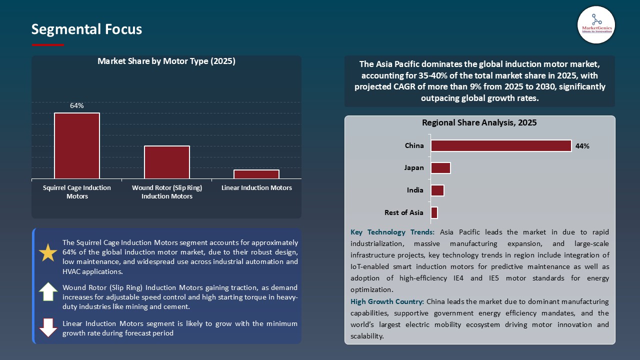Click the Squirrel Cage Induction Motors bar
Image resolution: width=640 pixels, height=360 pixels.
point(77,145)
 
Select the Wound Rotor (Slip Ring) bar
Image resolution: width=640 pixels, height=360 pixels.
point(167,162)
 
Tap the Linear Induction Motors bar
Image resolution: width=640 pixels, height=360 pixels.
point(256,174)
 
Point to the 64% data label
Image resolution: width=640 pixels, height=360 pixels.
point(77,105)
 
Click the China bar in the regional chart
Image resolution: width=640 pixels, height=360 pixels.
point(501,145)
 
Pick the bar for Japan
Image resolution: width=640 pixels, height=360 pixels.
point(440,168)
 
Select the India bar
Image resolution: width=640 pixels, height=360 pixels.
point(437,190)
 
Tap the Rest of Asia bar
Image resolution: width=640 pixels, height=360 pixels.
point(434,212)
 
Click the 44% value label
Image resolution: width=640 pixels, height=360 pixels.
point(582,146)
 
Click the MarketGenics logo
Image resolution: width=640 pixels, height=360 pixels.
point(596,24)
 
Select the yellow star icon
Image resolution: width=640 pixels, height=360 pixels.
point(48,253)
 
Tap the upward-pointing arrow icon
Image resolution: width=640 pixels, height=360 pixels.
point(48,291)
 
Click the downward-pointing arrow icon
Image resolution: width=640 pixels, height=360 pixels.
point(48,327)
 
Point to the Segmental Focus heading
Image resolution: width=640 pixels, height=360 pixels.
point(86,29)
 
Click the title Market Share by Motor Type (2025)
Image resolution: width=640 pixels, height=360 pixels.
point(166,61)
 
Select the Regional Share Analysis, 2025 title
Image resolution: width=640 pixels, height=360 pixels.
point(479,122)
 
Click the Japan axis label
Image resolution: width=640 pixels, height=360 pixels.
point(414,168)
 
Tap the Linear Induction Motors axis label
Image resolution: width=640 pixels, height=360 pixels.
point(256,188)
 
